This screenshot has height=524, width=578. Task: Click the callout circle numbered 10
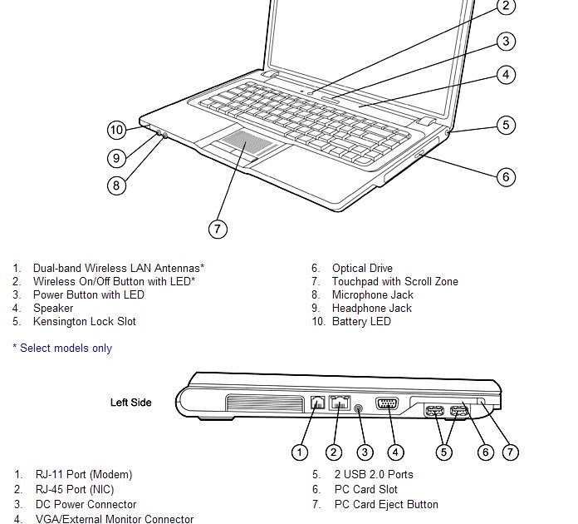pyautogui.click(x=117, y=130)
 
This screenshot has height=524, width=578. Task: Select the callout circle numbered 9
pyautogui.click(x=117, y=157)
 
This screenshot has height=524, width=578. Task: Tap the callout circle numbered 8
pyautogui.click(x=117, y=185)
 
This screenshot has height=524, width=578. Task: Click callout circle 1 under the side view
pyautogui.click(x=301, y=452)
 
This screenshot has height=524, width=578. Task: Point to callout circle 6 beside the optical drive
pyautogui.click(x=506, y=176)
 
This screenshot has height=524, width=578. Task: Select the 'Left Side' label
pyautogui.click(x=131, y=403)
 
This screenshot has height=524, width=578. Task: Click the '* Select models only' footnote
pyautogui.click(x=62, y=348)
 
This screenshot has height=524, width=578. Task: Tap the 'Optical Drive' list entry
pyautogui.click(x=362, y=268)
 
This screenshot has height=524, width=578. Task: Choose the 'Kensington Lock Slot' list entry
pyautogui.click(x=84, y=321)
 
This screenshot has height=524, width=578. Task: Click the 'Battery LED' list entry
pyautogui.click(x=361, y=321)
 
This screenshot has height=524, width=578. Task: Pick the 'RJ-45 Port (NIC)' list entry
pyautogui.click(x=83, y=489)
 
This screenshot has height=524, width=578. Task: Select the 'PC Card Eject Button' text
pyautogui.click(x=386, y=504)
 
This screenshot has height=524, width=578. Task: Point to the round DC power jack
pyautogui.click(x=358, y=408)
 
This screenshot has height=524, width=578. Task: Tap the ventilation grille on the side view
pyautogui.click(x=263, y=404)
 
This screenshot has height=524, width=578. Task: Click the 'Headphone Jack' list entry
pyautogui.click(x=371, y=308)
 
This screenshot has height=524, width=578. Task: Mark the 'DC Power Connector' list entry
pyautogui.click(x=86, y=504)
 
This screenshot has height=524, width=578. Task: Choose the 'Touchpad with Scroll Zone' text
pyautogui.click(x=394, y=281)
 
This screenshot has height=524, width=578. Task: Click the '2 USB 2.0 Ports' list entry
pyautogui.click(x=374, y=474)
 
